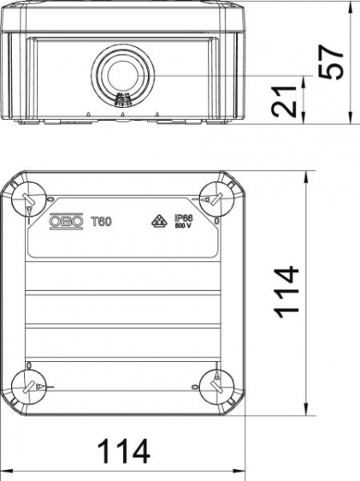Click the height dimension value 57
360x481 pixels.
[x=334, y=60]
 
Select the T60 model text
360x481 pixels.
[x=101, y=222]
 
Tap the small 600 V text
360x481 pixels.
[x=183, y=228]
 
